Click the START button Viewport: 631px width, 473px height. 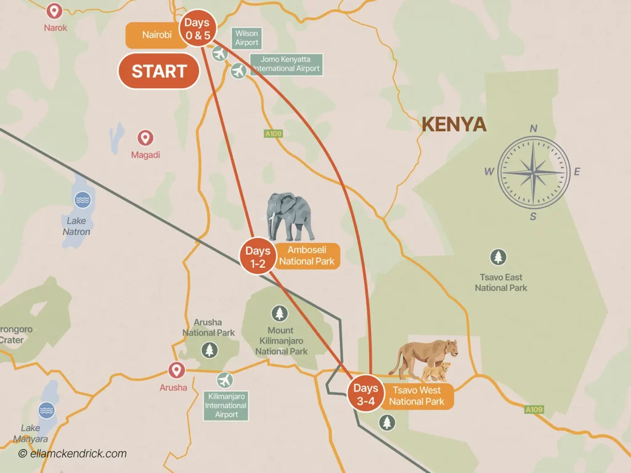click(x=158, y=71)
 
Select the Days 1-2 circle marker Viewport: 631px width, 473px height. click(x=258, y=257)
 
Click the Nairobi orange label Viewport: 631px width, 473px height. click(x=157, y=35)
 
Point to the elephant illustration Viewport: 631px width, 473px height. click(x=290, y=217)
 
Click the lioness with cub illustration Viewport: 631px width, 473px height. click(x=425, y=360)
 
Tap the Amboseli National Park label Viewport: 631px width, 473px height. click(x=307, y=256)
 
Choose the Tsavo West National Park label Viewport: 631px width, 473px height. click(x=417, y=395)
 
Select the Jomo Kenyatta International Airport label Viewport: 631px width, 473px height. click(x=286, y=64)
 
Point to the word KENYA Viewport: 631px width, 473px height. click(x=454, y=125)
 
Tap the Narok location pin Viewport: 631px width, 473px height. click(x=54, y=11)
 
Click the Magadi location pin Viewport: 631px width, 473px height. click(x=145, y=138)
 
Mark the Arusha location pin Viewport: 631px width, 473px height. click(x=177, y=370)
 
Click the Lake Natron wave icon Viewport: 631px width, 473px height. click(x=81, y=200)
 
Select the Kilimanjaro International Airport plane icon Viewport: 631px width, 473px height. click(x=226, y=379)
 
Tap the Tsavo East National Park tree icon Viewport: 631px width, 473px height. click(x=497, y=257)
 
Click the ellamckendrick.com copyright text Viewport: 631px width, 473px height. click(x=72, y=454)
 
